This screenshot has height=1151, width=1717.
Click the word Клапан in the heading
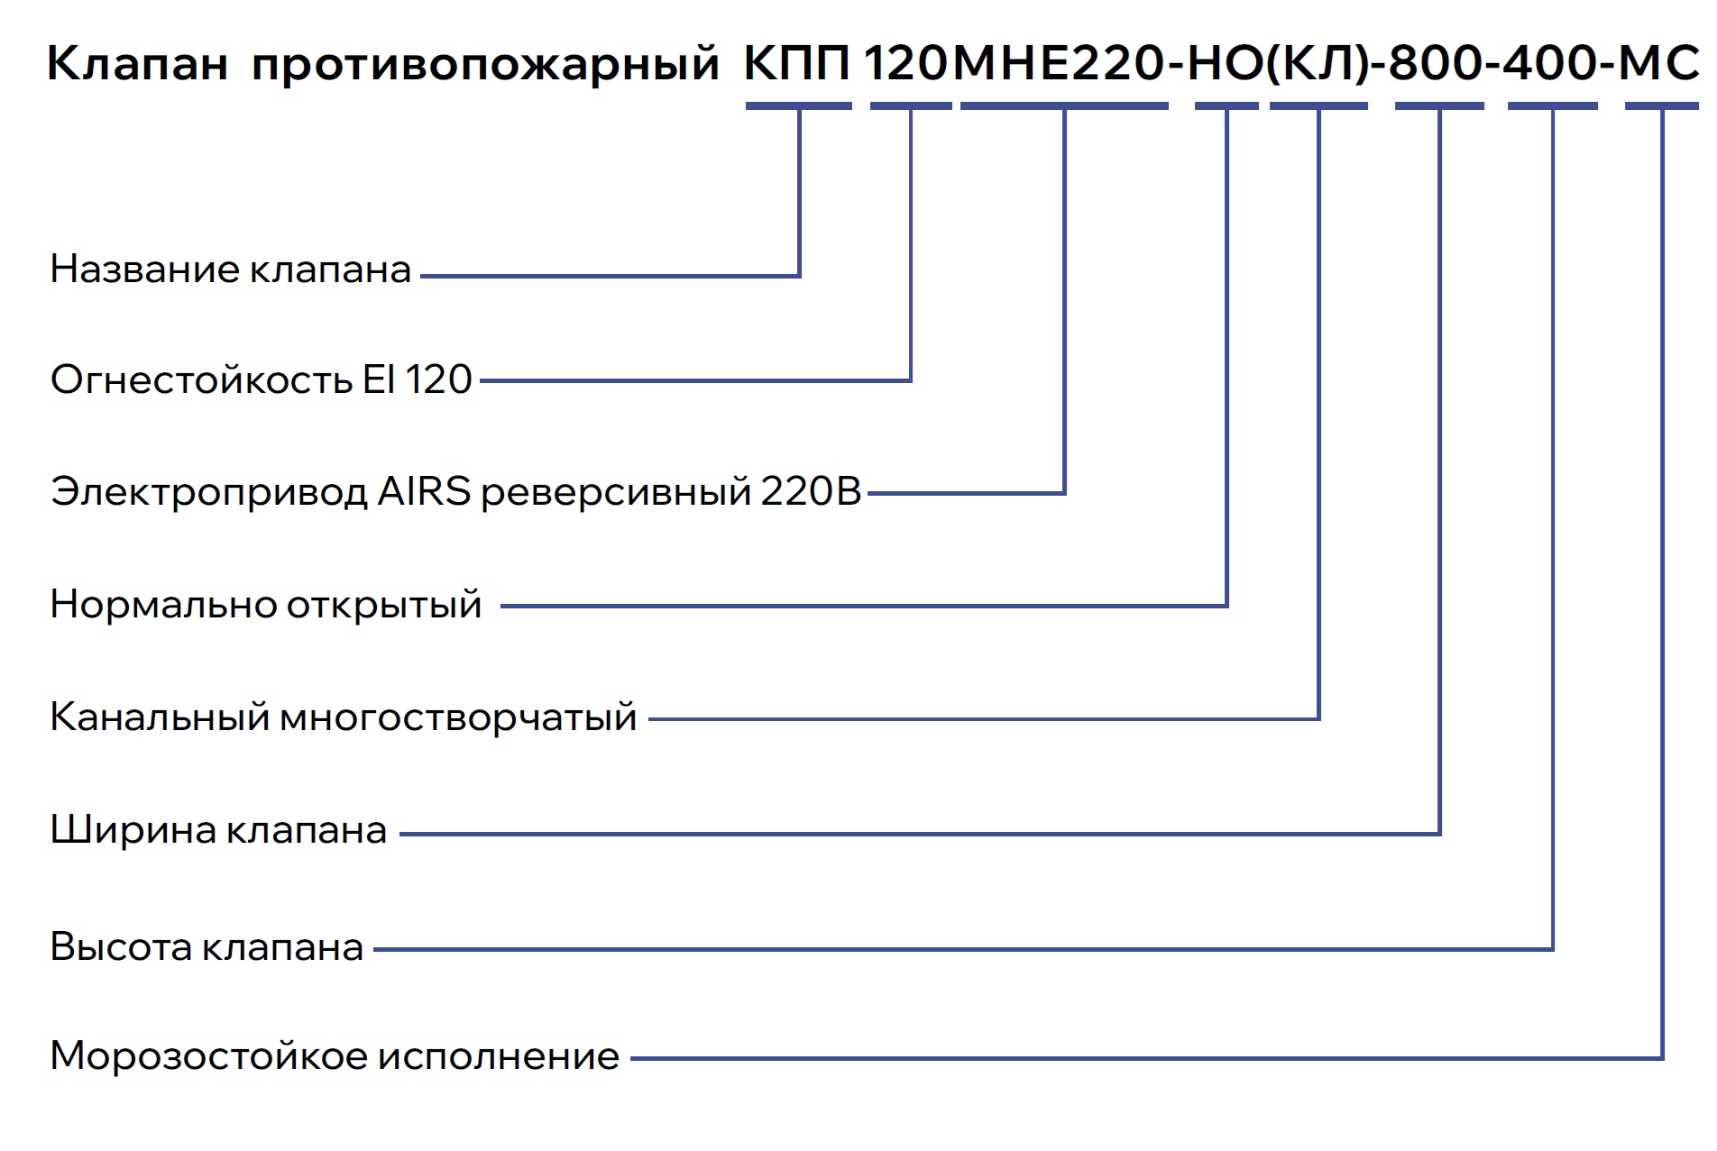click(137, 64)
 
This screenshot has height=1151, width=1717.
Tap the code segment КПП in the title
click(797, 64)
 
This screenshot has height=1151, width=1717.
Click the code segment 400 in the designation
click(1550, 64)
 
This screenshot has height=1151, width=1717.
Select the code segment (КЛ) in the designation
click(1318, 64)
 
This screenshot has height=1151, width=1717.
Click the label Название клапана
click(231, 269)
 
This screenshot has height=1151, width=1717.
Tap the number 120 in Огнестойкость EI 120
click(438, 379)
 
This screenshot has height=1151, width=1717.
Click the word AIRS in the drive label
click(424, 492)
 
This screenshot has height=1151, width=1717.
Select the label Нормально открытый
click(266, 605)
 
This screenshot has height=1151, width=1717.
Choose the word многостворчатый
click(458, 718)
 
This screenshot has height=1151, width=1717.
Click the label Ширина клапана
click(218, 830)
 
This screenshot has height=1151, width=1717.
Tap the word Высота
click(121, 947)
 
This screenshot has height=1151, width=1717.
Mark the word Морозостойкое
click(207, 1056)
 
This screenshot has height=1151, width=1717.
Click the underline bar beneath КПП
click(798, 106)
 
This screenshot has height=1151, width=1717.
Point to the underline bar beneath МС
click(1661, 106)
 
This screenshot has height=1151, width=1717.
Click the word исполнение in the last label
click(499, 1056)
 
